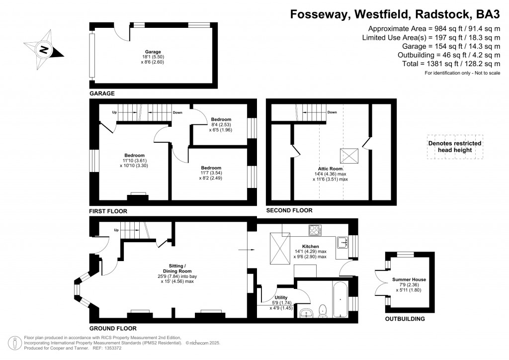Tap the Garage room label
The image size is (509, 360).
coord(153,51)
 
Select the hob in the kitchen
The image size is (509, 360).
coord(315,230)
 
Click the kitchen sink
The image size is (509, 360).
coord(342,243)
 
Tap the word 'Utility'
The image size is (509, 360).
coord(274,297)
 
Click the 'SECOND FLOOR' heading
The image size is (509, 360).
coord(289,210)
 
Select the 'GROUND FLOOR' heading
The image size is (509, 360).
coord(112,329)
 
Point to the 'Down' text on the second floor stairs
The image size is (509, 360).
coord(333,112)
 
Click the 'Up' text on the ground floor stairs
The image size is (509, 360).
coord(116,230)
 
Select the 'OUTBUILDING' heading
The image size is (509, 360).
coord(405,319)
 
